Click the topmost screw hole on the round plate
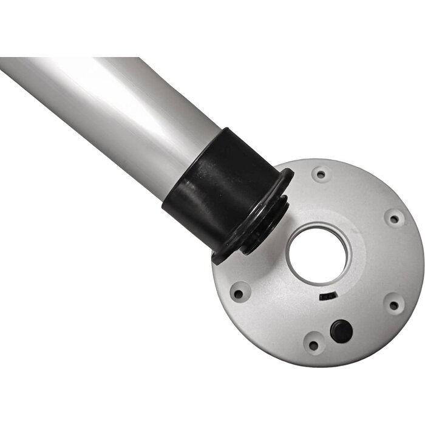point(320,174)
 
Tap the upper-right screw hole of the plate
point(394,218)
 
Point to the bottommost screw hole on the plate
point(313,344)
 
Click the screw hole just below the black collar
point(239,293)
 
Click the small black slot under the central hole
point(327,296)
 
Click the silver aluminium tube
point(109,103)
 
